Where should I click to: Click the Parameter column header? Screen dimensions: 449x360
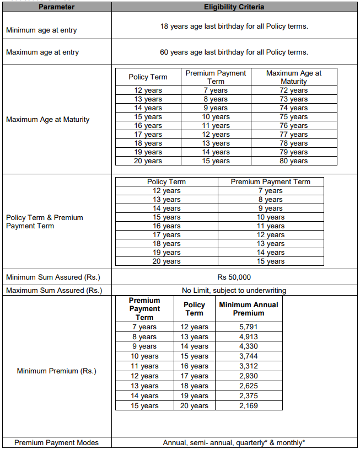(56, 7)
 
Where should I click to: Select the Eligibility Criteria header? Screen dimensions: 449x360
(234, 7)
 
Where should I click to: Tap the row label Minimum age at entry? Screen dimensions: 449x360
(41, 30)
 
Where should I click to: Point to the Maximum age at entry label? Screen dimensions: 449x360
(42, 52)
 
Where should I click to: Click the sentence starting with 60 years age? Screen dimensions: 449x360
(234, 52)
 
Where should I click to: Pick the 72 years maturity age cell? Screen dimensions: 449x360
(294, 90)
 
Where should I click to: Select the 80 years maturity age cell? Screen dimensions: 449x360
(294, 161)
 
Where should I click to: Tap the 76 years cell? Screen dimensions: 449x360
(294, 126)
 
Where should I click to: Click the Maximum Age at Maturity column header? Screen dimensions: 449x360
(294, 77)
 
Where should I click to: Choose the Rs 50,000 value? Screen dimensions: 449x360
(234, 277)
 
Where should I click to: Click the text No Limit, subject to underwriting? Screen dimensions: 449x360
(234, 290)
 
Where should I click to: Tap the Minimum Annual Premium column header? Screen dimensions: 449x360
(249, 308)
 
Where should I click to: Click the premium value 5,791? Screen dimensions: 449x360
(249, 327)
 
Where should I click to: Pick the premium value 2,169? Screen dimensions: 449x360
(249, 406)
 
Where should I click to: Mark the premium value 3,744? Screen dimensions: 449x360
(249, 356)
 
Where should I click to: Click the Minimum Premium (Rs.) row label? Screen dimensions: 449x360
(57, 371)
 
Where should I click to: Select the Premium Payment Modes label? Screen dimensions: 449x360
(57, 442)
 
